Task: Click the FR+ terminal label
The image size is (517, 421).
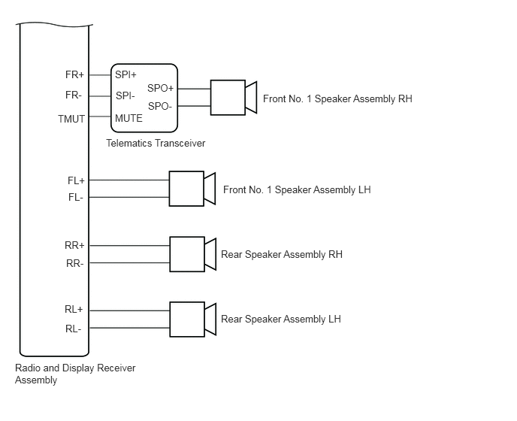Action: coord(74,75)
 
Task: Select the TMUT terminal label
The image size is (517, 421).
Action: coord(71,119)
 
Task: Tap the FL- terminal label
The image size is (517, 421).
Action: coord(75,197)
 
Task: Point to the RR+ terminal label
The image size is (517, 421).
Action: coord(74,246)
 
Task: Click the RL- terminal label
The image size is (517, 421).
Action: coord(73,329)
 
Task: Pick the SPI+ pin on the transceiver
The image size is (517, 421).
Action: coord(125,75)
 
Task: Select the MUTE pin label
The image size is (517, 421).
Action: coord(128,118)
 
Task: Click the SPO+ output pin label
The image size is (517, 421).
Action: coord(160,89)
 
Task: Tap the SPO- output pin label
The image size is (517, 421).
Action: coord(160,106)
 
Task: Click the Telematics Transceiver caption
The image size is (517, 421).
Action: coord(156,143)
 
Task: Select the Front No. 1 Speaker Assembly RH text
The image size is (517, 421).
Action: coord(337,99)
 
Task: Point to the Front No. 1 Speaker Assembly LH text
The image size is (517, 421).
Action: coord(297,189)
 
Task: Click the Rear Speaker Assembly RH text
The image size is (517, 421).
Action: coord(282,254)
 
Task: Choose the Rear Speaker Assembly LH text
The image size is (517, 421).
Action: coord(281,319)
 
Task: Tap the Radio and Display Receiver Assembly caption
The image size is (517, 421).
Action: coord(75,374)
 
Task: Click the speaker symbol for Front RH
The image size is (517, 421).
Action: coord(234,98)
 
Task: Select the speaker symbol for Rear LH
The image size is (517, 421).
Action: coord(193,320)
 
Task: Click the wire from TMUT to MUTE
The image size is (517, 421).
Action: coord(100,117)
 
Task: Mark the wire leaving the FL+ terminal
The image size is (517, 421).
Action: coord(129,180)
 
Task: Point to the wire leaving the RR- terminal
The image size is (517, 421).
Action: coord(129,263)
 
